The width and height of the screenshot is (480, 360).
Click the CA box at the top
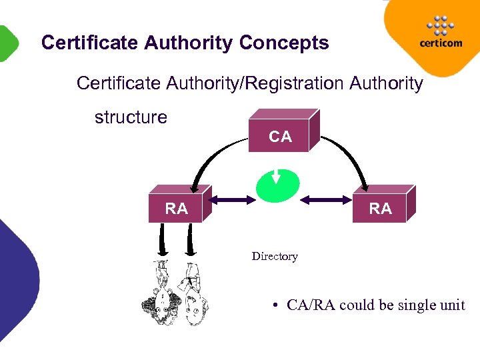(280, 137)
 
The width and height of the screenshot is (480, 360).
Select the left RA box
(177, 209)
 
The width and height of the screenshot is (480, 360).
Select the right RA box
(381, 209)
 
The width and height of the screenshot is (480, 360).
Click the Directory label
(275, 256)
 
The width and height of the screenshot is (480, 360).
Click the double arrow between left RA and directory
(233, 198)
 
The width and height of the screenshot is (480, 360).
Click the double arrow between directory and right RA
(324, 198)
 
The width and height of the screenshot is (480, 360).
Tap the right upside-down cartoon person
(193, 293)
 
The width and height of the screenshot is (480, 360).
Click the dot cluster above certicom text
(440, 25)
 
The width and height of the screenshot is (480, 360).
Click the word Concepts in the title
(284, 43)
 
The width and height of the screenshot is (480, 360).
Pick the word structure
(131, 117)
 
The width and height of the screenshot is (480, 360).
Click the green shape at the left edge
(7, 43)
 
